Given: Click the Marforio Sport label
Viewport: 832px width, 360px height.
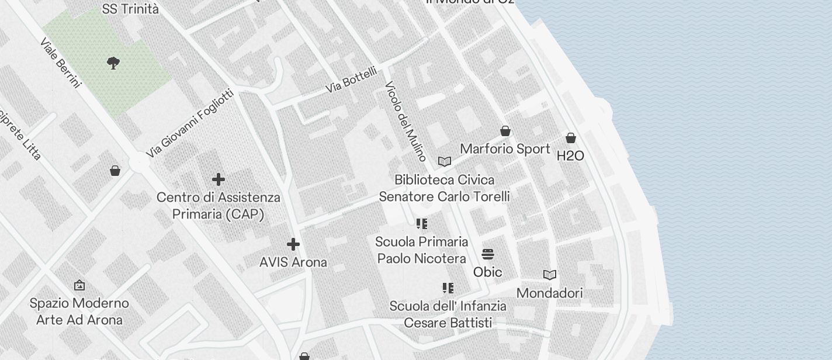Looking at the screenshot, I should pyautogui.click(x=505, y=149).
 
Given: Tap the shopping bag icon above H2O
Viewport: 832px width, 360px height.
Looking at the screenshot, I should pyautogui.click(x=571, y=138).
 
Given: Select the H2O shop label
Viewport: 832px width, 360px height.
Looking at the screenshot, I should pyautogui.click(x=570, y=156).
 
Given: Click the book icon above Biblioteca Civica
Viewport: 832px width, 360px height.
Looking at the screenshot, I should pyautogui.click(x=445, y=161).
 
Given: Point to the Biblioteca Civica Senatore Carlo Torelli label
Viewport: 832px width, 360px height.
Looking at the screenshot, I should pyautogui.click(x=444, y=188).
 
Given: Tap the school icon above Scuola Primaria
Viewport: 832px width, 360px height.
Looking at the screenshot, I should pyautogui.click(x=422, y=224).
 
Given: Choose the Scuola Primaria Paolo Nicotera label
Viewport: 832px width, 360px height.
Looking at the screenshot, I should pyautogui.click(x=421, y=250).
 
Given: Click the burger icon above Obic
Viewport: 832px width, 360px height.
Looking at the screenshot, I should pyautogui.click(x=488, y=254).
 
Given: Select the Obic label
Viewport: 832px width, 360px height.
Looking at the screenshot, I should pyautogui.click(x=488, y=272).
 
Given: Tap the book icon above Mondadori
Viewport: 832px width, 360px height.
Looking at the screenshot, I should pyautogui.click(x=550, y=275).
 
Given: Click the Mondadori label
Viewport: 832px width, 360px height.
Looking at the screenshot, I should pyautogui.click(x=550, y=293).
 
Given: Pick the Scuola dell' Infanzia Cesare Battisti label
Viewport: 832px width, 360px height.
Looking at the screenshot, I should pyautogui.click(x=448, y=314).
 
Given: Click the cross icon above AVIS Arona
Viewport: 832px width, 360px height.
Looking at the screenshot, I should pyautogui.click(x=293, y=244).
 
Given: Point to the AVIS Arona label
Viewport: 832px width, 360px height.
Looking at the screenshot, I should pyautogui.click(x=293, y=262).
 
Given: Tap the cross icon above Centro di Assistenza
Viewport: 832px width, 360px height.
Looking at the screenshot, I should pyautogui.click(x=219, y=179).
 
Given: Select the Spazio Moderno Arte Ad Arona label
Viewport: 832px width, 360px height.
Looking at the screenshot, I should pyautogui.click(x=79, y=311).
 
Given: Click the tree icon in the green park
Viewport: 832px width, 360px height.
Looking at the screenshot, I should pyautogui.click(x=114, y=63).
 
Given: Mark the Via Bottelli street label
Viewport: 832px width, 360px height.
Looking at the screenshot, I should pyautogui.click(x=351, y=80).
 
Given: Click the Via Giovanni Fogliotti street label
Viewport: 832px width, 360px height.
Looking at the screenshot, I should pyautogui.click(x=190, y=123).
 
